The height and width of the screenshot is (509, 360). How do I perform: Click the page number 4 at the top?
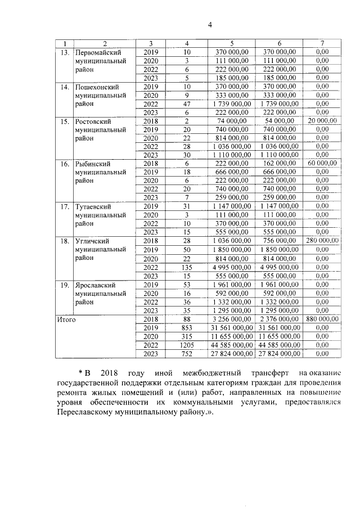[x=210, y=25]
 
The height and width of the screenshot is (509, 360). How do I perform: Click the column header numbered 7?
[x=322, y=43]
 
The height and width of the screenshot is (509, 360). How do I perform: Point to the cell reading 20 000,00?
[x=322, y=121]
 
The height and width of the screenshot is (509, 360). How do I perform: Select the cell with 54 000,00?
[x=279, y=121]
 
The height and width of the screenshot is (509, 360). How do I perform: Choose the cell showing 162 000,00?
[x=279, y=163]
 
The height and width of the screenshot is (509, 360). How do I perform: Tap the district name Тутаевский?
[x=96, y=206]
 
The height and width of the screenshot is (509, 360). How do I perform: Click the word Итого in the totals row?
[x=66, y=319]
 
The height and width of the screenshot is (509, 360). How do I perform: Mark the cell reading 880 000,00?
[x=322, y=319]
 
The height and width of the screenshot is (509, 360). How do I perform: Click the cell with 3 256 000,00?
[x=232, y=319]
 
